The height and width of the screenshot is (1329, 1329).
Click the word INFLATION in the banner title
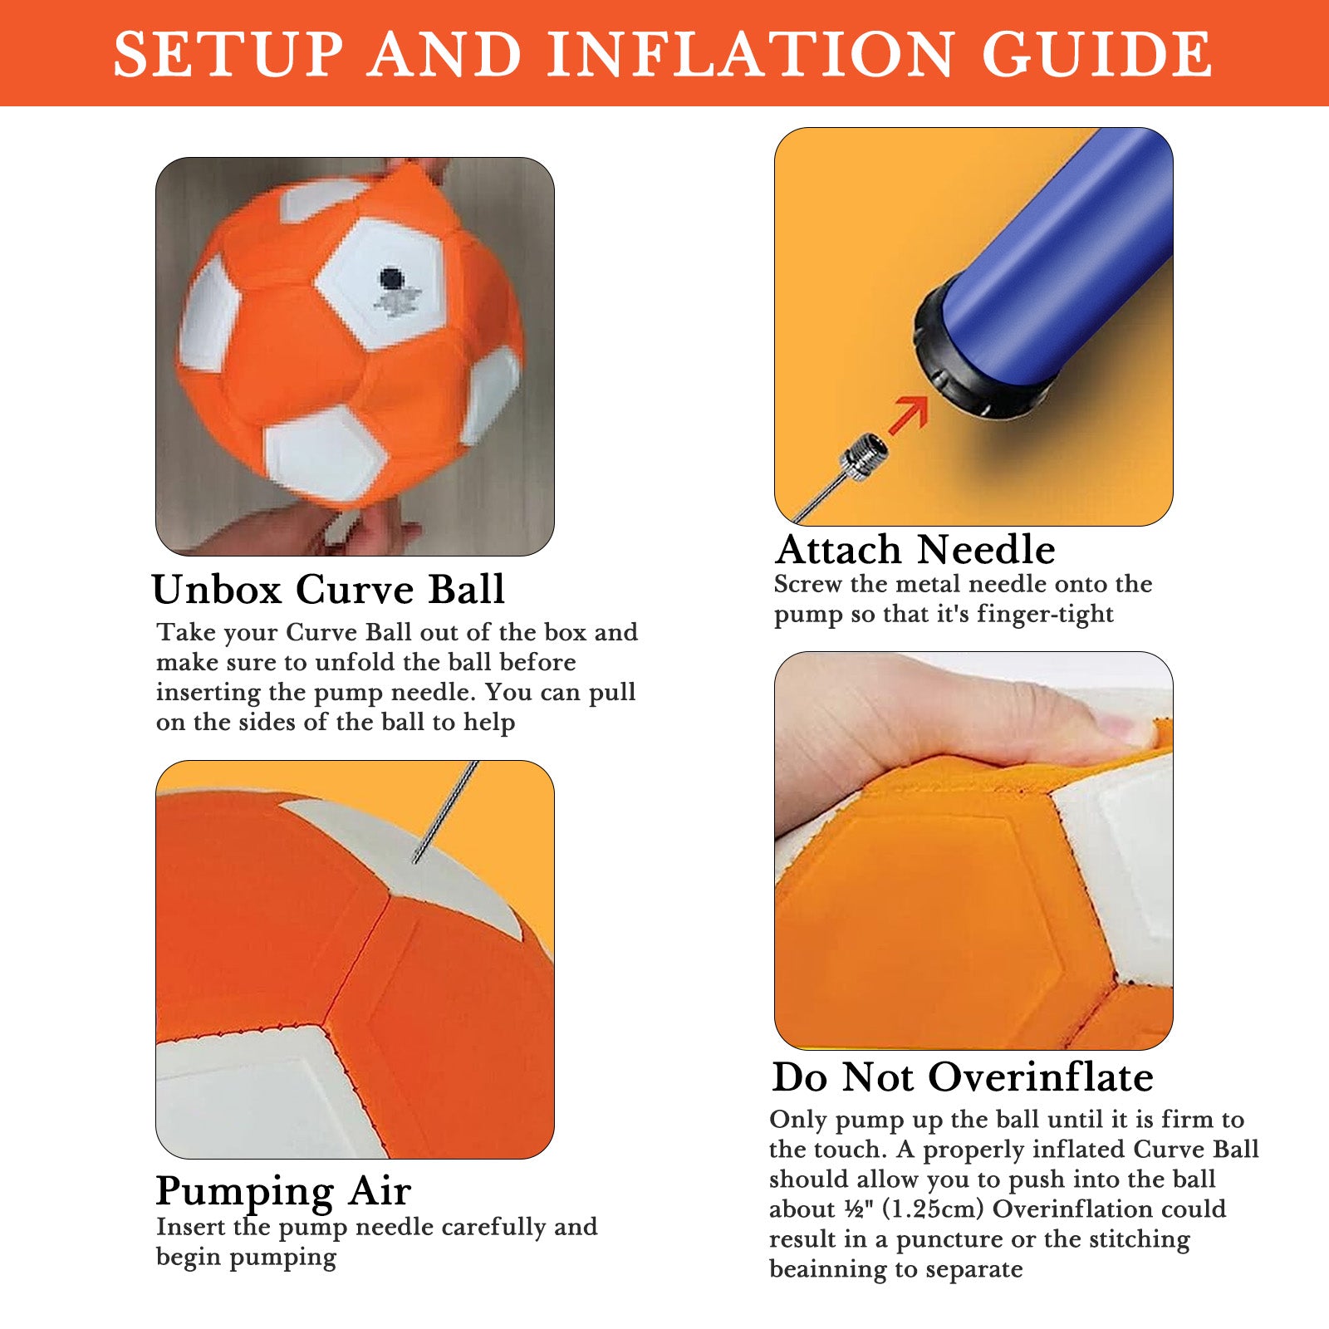751,55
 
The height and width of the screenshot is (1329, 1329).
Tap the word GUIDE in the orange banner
1097,55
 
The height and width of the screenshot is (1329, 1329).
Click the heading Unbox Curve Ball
328,590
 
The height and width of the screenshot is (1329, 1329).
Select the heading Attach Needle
915,550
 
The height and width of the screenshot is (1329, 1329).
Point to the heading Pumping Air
283,1192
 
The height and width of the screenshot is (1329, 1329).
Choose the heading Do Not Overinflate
963,1077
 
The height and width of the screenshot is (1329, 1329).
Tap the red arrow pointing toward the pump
908,414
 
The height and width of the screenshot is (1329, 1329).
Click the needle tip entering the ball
416,861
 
